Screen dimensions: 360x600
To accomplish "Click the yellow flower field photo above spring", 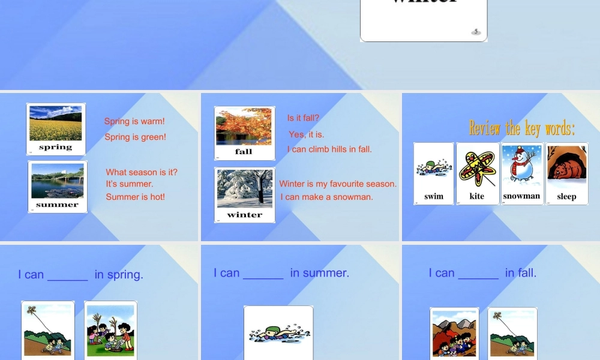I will click(x=56, y=123).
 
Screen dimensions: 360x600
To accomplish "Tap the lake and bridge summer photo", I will click(x=58, y=181).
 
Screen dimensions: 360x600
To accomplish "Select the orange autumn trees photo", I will click(x=244, y=127).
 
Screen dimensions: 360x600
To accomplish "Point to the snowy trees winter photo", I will click(x=245, y=189).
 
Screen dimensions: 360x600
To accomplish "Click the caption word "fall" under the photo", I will click(x=244, y=152).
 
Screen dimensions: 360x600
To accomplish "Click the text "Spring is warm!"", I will click(x=134, y=121).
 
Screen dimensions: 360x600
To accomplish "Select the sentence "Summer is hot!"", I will click(x=135, y=197).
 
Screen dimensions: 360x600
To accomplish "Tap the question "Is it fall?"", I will click(x=303, y=118).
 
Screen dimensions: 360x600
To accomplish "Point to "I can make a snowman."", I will click(x=326, y=197).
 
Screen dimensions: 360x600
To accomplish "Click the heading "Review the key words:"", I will click(x=521, y=128).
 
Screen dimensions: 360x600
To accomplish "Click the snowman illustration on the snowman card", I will click(x=521, y=165).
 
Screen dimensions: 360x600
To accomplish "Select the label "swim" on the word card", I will click(x=434, y=196).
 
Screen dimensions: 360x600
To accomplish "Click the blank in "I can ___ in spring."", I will click(x=68, y=275).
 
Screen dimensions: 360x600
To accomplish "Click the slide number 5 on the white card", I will click(x=476, y=31).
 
